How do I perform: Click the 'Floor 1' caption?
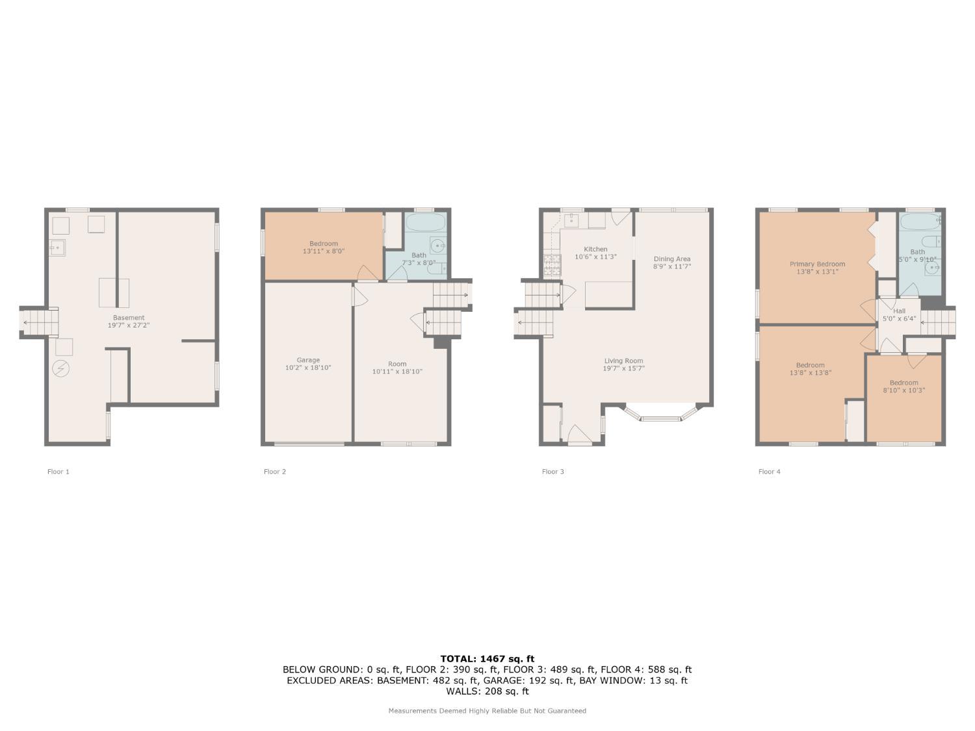click(58, 472)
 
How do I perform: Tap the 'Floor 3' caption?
click(552, 472)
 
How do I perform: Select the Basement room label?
click(129, 318)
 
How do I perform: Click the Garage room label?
click(308, 360)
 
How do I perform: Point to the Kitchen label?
click(595, 249)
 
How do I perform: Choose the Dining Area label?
click(671, 259)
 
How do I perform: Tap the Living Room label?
click(623, 361)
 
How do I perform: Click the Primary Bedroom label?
click(817, 264)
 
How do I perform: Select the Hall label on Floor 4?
click(899, 311)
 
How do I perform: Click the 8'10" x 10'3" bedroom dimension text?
click(903, 391)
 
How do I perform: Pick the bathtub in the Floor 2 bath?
click(426, 224)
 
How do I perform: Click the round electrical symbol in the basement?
click(61, 368)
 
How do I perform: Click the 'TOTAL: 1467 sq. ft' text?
click(487, 659)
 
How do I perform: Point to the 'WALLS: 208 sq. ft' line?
click(487, 691)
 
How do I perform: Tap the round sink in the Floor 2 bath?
click(439, 246)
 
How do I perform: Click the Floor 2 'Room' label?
click(397, 364)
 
